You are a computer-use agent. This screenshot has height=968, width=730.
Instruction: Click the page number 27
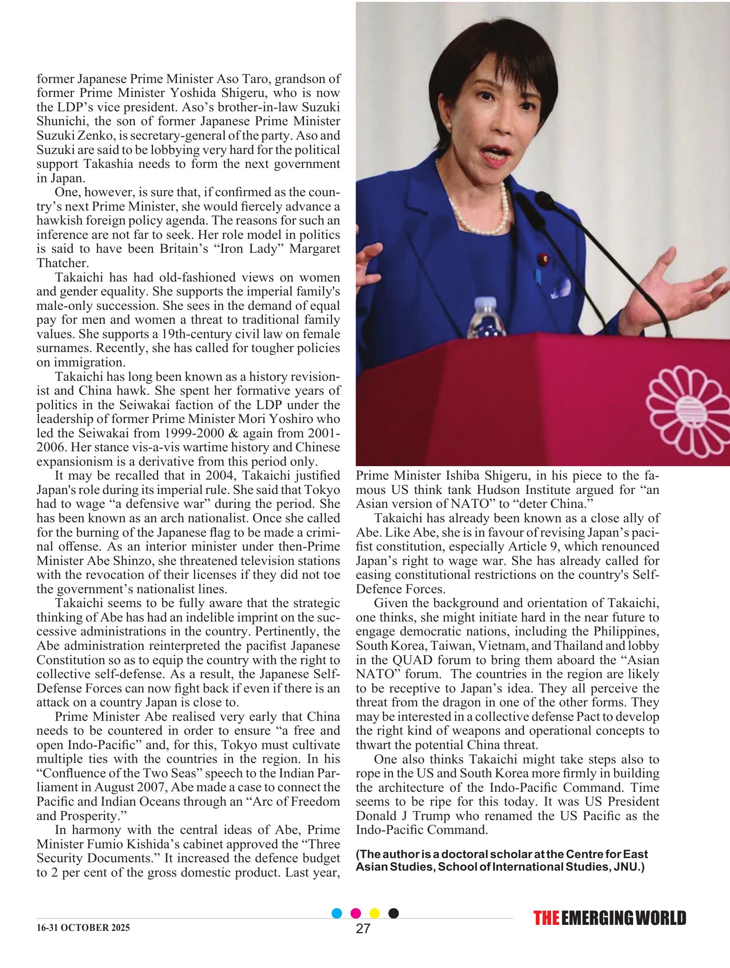(363, 941)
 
